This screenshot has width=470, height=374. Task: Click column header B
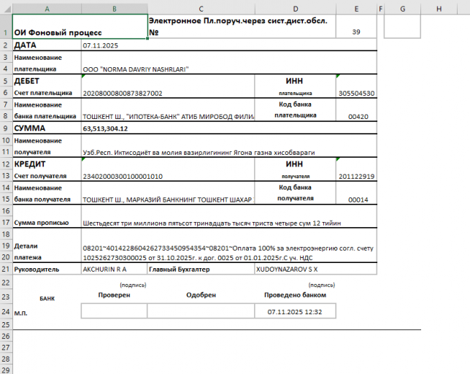(114, 8)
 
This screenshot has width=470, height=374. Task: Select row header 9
(6, 129)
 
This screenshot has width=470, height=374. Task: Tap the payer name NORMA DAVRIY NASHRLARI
(136, 69)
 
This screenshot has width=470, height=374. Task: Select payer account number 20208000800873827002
(123, 93)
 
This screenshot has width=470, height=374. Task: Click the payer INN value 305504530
(356, 93)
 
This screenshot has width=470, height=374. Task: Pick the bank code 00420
(358, 116)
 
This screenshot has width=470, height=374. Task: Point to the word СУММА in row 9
(30, 129)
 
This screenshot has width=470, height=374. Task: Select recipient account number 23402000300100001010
(123, 176)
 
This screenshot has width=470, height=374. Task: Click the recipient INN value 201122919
(356, 176)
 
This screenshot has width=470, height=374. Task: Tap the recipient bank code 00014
(358, 199)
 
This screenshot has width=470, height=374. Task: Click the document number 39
(356, 32)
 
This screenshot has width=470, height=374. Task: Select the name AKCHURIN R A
(105, 269)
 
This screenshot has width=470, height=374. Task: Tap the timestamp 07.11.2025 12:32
(295, 311)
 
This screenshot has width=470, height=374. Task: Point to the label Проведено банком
(295, 295)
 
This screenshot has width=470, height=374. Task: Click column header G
(402, 8)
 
